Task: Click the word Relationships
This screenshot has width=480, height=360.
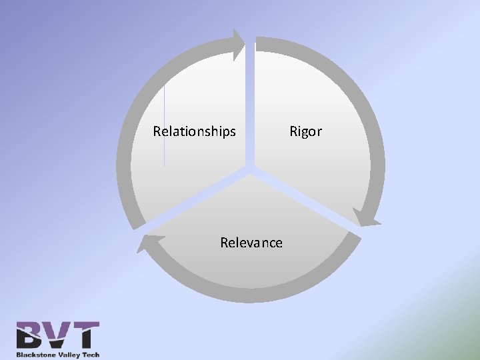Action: [194, 131]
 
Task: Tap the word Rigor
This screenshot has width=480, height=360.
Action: [305, 131]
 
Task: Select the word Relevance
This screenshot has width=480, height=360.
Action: [251, 243]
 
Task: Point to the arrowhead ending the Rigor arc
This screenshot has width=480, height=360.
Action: [366, 217]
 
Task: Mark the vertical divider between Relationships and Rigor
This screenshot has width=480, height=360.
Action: [251, 100]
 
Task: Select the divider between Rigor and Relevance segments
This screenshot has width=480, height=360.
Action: [307, 201]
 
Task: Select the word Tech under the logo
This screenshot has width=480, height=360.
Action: [91, 355]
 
